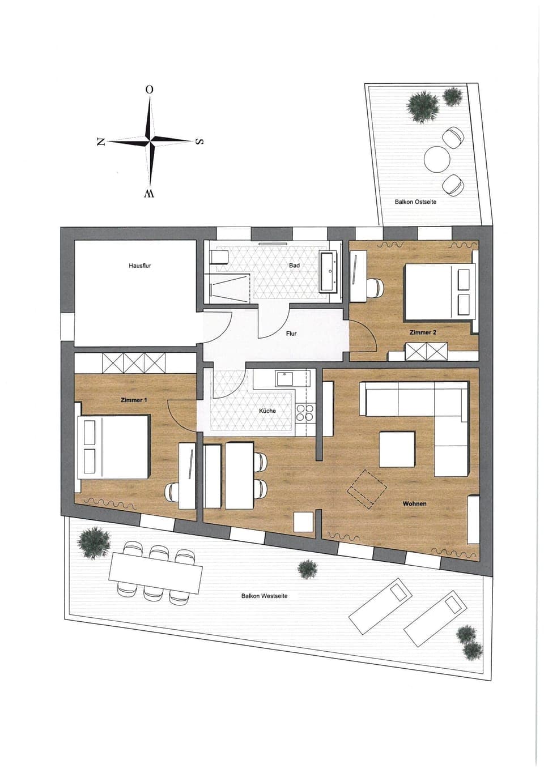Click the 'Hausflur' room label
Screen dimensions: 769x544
pos(139,265)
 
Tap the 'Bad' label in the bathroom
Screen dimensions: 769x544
pos(294,265)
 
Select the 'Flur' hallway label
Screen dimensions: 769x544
pos(291,334)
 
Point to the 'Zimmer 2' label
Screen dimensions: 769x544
pos(423,332)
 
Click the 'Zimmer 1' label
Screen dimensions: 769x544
pos(134,400)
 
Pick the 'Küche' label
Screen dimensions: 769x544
pos(267,411)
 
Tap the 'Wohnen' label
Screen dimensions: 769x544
pos(414,503)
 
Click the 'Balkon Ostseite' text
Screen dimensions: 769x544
pos(415,202)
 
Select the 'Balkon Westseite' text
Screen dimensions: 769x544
pos(264,596)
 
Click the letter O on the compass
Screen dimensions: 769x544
pos(149,89)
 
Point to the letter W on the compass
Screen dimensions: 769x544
pos(149,194)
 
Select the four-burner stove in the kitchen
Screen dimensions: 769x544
pos(305,413)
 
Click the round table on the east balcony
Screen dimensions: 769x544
pos(436,159)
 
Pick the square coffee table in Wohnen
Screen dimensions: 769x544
pos(397,448)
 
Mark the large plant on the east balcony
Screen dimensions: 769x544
pos(423,106)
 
